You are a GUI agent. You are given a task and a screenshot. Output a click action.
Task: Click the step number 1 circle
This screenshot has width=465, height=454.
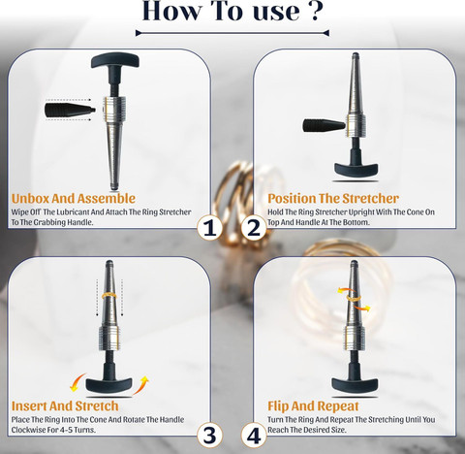(x=209, y=228)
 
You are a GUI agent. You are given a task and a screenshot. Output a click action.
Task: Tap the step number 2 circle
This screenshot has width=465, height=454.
(x=254, y=228)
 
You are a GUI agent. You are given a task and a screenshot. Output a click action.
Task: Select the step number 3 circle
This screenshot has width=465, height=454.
(x=209, y=436)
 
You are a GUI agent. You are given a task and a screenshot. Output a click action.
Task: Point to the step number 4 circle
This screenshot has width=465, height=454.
(x=254, y=436)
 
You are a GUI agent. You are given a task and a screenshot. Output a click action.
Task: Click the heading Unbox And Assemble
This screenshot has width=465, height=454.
(x=74, y=198)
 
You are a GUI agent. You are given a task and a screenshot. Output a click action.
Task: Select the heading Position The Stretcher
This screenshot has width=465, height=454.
(x=333, y=198)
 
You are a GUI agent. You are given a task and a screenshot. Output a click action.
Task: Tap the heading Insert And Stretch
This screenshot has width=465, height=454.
(x=65, y=405)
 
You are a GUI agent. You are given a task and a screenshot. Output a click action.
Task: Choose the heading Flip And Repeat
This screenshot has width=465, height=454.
(x=313, y=405)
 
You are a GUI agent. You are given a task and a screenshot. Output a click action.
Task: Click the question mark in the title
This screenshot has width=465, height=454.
(x=317, y=12)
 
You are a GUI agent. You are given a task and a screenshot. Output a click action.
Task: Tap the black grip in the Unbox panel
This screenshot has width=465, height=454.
(x=70, y=110)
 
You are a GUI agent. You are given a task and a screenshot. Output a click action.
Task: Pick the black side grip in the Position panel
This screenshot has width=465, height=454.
(x=324, y=125)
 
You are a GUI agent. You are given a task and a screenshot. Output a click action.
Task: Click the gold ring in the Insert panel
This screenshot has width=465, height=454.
(x=109, y=296)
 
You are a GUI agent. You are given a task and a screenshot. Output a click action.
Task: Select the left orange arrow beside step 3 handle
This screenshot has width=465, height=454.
(x=77, y=382)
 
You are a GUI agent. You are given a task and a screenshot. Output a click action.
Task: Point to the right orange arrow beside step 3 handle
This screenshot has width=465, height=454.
(x=141, y=385)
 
